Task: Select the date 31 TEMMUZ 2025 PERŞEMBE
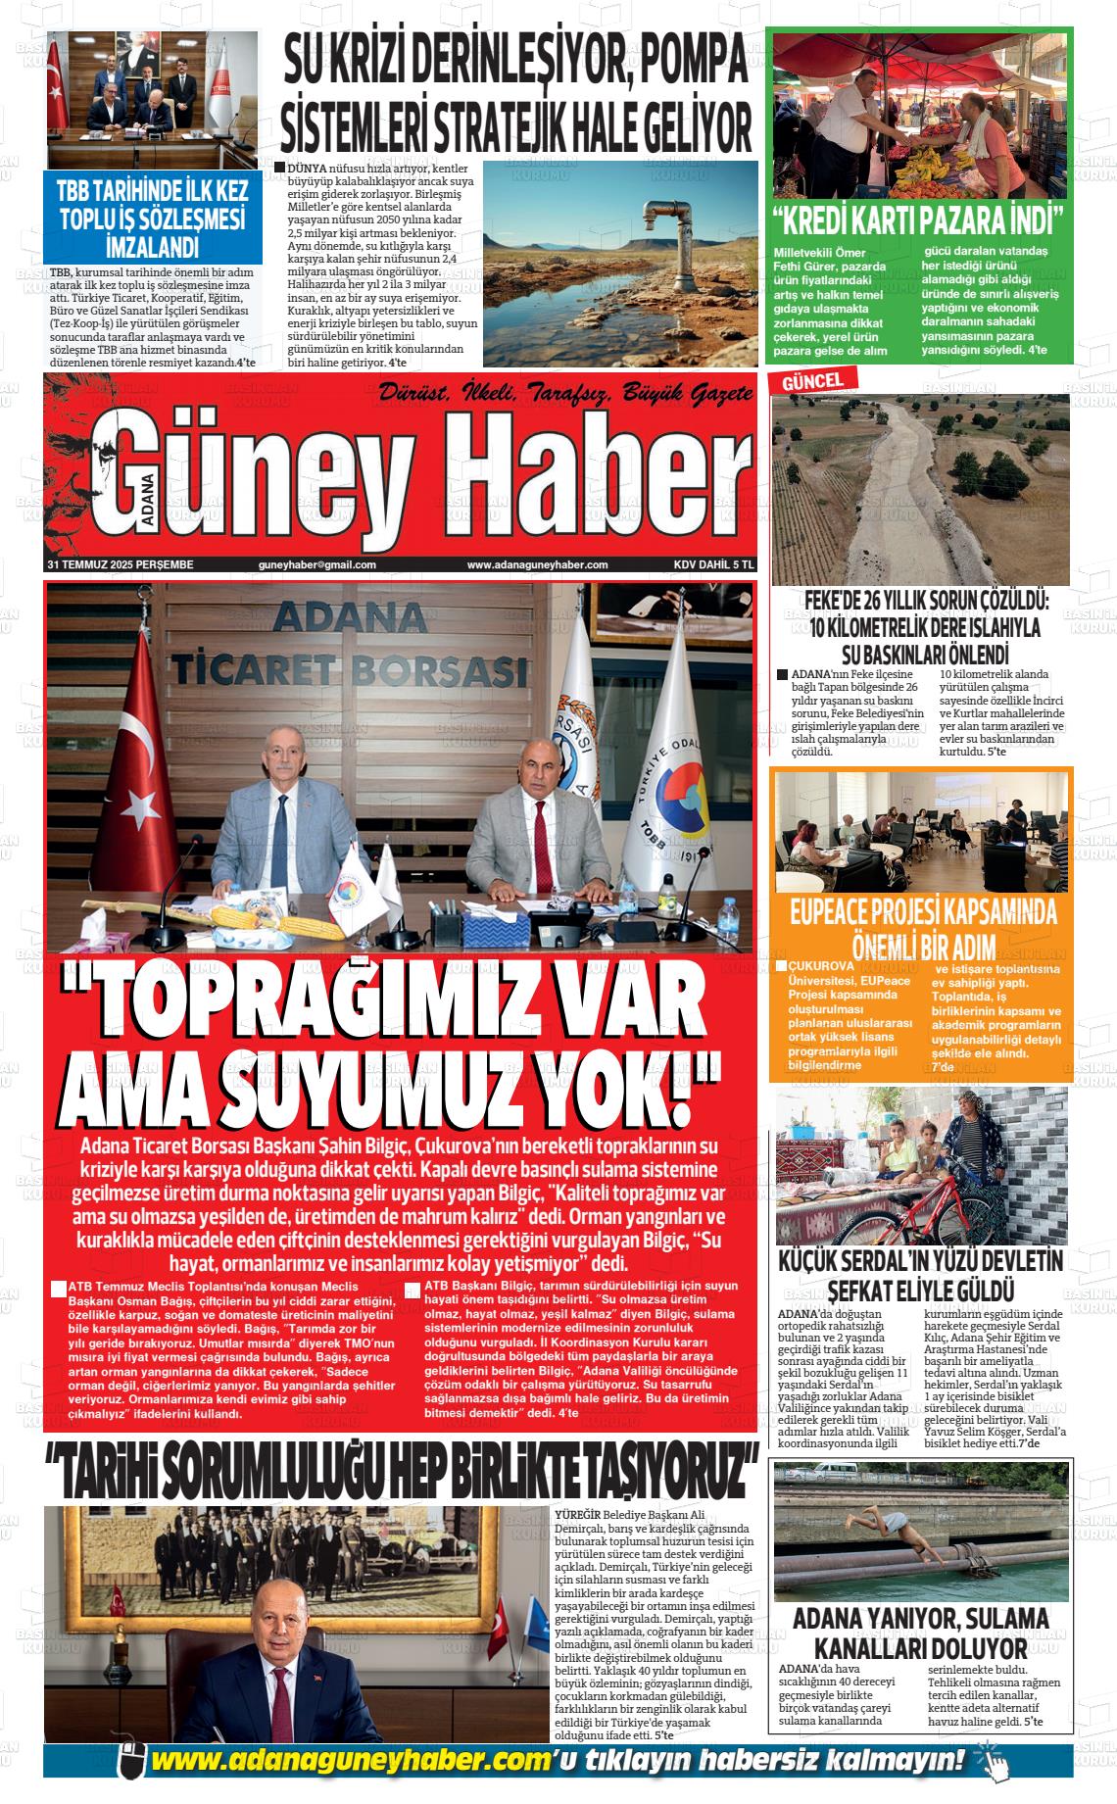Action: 121,564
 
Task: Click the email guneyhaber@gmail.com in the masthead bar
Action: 317,564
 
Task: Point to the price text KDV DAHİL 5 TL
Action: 713,564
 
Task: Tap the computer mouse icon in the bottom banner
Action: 131,1760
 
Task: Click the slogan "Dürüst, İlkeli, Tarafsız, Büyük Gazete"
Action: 565,394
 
